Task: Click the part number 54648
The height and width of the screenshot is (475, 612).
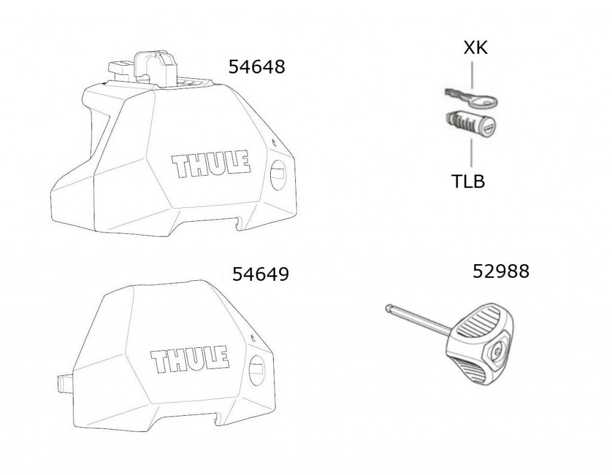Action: click(256, 67)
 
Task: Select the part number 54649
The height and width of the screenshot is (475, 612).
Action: click(261, 274)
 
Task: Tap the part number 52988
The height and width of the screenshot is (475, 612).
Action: click(501, 271)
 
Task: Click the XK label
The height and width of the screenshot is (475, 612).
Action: click(475, 48)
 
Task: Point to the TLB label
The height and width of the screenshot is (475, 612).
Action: click(468, 182)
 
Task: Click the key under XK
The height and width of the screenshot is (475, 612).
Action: click(471, 99)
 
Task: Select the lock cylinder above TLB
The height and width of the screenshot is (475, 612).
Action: click(470, 122)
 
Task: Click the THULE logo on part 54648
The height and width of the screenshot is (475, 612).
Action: click(211, 164)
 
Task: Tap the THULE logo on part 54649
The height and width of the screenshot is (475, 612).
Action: click(189, 358)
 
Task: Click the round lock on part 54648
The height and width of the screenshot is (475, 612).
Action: click(277, 175)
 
